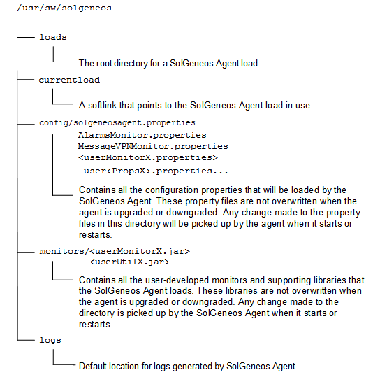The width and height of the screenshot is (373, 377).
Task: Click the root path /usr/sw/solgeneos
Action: [x=64, y=8]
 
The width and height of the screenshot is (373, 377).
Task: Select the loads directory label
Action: [x=53, y=37]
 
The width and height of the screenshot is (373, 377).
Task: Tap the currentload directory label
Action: [x=69, y=80]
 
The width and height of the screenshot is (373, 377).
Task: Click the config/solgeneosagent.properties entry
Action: [x=117, y=123]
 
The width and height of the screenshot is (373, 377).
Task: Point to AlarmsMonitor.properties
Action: [x=142, y=135]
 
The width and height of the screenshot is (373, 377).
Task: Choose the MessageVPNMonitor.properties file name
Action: [x=153, y=146]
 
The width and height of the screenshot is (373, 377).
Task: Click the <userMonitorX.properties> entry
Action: [x=148, y=158]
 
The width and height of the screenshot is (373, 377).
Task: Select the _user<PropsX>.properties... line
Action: [x=153, y=171]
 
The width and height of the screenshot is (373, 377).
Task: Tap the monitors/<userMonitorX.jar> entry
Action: [x=115, y=251]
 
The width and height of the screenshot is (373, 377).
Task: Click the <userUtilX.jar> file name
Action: [x=129, y=262]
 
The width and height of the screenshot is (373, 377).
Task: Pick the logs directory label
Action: [x=50, y=340]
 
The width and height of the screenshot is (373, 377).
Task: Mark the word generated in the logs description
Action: [x=193, y=367]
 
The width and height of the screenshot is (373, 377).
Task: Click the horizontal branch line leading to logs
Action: [x=26, y=340]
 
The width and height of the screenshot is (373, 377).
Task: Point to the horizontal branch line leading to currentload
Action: [x=26, y=79]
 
